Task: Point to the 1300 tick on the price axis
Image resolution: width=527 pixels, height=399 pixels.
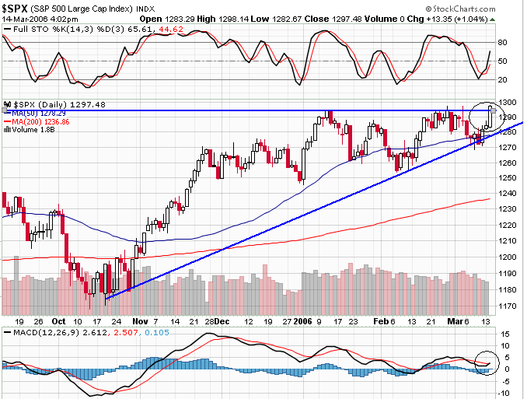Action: (508, 103)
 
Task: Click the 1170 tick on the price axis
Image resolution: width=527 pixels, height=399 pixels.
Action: (508, 306)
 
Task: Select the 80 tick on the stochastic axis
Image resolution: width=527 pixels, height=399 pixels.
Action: (502, 43)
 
